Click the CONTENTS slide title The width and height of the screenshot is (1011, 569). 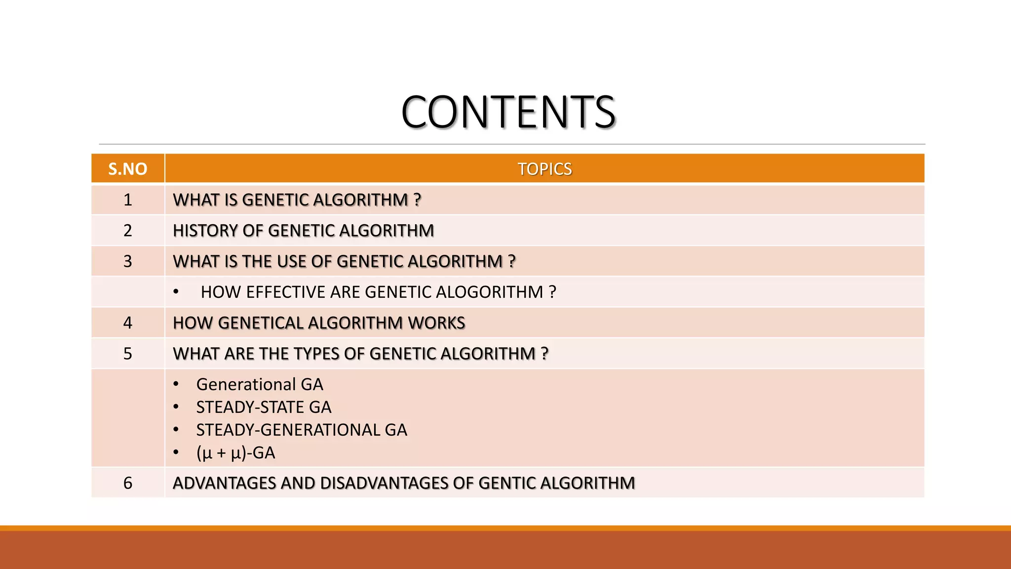pyautogui.click(x=508, y=112)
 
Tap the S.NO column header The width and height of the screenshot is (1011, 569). pyautogui.click(x=127, y=169)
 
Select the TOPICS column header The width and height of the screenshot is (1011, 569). pyautogui.click(x=544, y=169)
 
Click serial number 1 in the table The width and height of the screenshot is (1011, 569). pyautogui.click(x=127, y=200)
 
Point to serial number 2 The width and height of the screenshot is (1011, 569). pyautogui.click(x=127, y=230)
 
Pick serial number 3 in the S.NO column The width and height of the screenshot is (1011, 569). pyautogui.click(x=127, y=261)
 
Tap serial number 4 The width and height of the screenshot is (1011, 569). pyautogui.click(x=127, y=323)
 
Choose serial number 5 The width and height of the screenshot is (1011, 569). pyautogui.click(x=127, y=353)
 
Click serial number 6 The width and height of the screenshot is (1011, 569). pyautogui.click(x=127, y=483)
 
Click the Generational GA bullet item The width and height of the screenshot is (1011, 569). pyautogui.click(x=260, y=384)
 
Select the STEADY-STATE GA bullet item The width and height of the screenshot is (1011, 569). pyautogui.click(x=264, y=407)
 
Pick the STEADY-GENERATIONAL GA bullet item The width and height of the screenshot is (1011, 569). pyautogui.click(x=302, y=430)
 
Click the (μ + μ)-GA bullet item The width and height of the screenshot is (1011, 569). pyautogui.click(x=235, y=452)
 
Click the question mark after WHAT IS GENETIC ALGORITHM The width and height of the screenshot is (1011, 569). pyautogui.click(x=418, y=200)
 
